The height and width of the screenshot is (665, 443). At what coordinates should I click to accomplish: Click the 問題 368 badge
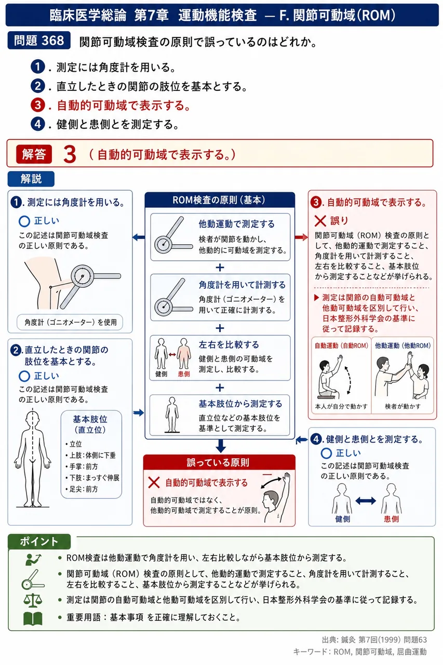tap(39, 41)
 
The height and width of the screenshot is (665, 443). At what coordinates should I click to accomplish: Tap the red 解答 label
tap(34, 154)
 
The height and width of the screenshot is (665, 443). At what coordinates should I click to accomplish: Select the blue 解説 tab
tap(31, 179)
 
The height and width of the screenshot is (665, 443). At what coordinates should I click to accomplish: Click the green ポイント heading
tap(39, 541)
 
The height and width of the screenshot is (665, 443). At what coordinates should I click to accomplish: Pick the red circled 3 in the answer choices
tap(38, 105)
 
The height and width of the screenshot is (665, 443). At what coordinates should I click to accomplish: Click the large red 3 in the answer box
tap(70, 154)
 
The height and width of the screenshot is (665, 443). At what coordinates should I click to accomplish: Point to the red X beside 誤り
tap(320, 221)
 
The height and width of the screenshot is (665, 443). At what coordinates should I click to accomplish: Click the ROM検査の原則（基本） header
tap(220, 200)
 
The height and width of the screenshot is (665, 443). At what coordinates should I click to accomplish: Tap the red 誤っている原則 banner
tap(219, 462)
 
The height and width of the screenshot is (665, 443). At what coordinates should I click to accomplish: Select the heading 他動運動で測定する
tap(236, 224)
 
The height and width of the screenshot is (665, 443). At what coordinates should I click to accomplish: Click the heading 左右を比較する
tap(229, 344)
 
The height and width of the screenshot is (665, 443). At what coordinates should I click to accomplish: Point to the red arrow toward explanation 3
tap(301, 237)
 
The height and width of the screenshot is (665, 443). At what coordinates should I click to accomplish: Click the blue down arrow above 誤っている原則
tap(220, 446)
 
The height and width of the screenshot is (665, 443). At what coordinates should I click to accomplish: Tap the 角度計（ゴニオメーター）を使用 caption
tap(70, 322)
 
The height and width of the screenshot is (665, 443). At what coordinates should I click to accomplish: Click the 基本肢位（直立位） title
tap(90, 424)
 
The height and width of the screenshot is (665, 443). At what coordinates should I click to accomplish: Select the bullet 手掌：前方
tap(82, 467)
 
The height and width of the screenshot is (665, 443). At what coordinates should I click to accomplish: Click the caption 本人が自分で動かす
tap(341, 406)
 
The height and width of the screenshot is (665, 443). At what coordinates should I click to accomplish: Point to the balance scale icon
tap(33, 600)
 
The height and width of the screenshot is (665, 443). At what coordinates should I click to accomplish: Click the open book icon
tap(33, 618)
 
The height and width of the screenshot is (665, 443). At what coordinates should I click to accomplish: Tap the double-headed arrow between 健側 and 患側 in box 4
tap(366, 501)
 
